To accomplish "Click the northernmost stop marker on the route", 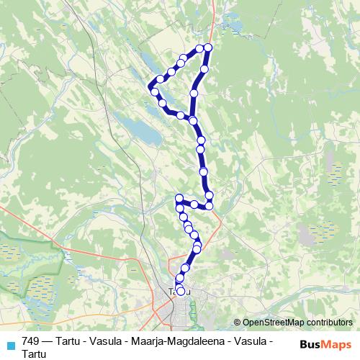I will click(x=208, y=48).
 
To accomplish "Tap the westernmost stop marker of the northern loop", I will click(x=153, y=88).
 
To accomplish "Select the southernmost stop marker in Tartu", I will click(x=181, y=291).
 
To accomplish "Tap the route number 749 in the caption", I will click(x=31, y=341).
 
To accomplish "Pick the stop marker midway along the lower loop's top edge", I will click(x=194, y=204).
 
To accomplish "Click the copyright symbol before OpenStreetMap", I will click(x=238, y=322).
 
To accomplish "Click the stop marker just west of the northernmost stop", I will click(x=199, y=50).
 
